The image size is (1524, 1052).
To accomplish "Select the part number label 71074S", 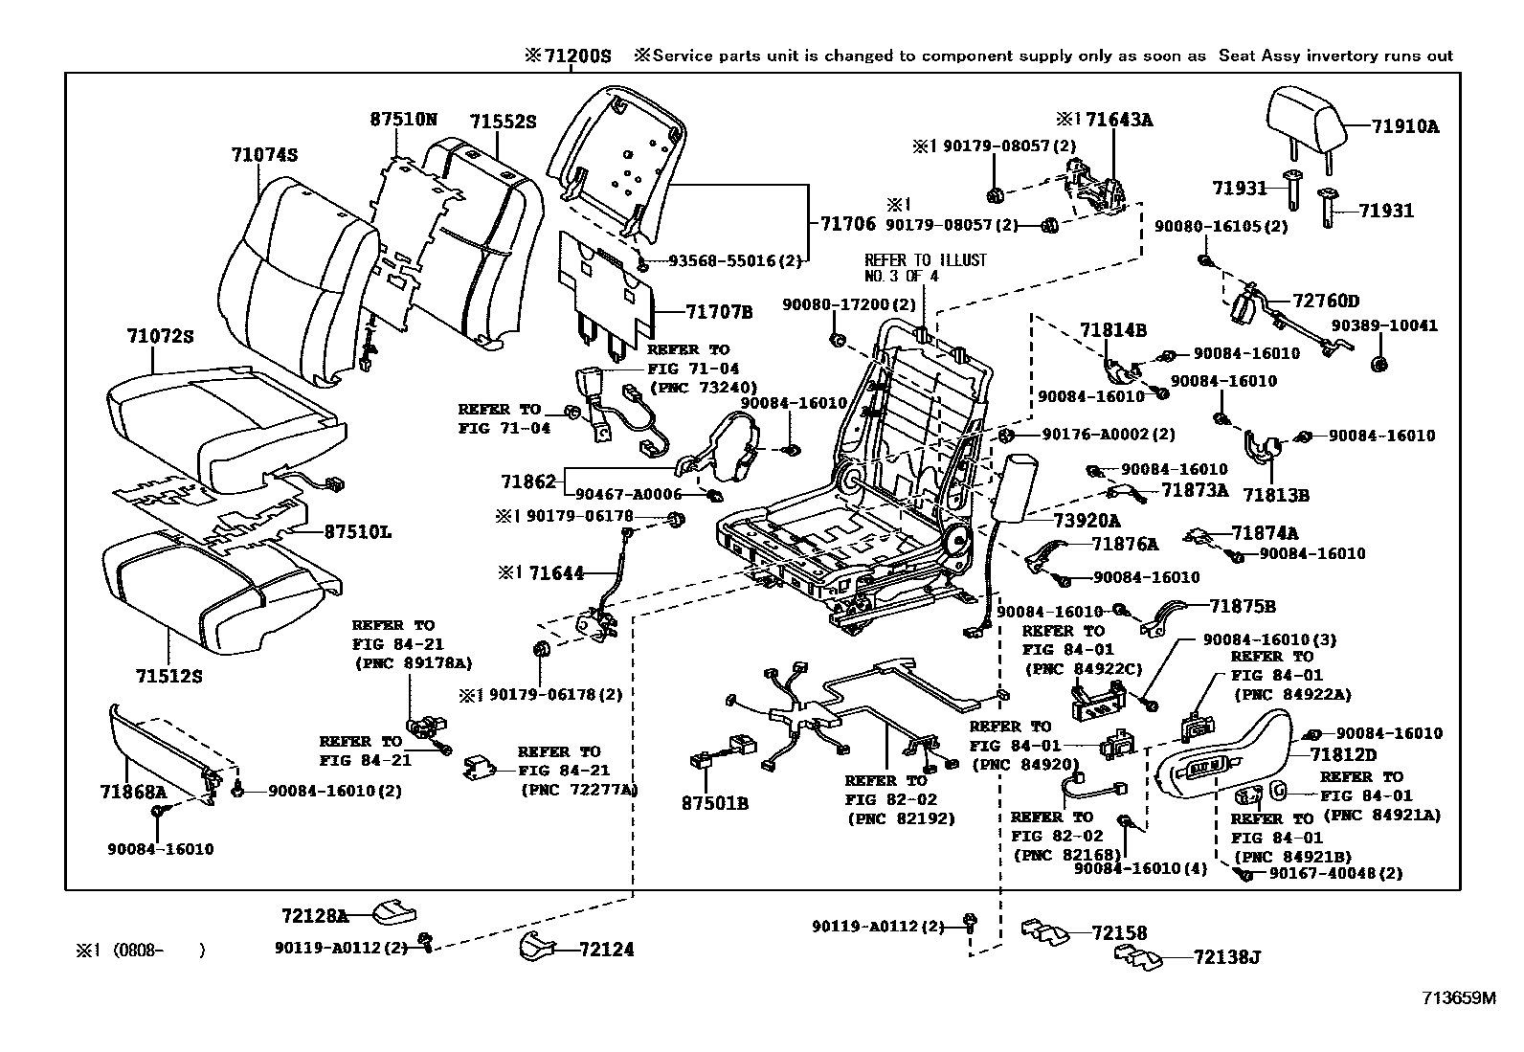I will coord(263,154).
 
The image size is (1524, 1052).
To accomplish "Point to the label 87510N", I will coord(403,120).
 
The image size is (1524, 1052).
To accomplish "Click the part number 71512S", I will coord(168,677).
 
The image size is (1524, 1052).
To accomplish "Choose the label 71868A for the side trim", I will coord(133,792).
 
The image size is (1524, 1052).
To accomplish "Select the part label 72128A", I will coord(315,916).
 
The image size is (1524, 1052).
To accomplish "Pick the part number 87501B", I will coord(715,803).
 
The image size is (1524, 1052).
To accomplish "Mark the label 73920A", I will coord(1087,521).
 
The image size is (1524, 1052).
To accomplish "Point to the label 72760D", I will coord(1326,302).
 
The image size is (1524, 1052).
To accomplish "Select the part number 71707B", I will coord(719,311).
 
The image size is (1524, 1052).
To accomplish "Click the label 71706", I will coord(847,223).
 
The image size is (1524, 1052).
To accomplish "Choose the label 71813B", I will coord(1276,495).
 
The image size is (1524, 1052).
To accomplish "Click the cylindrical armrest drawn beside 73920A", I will coord(1014,486).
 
